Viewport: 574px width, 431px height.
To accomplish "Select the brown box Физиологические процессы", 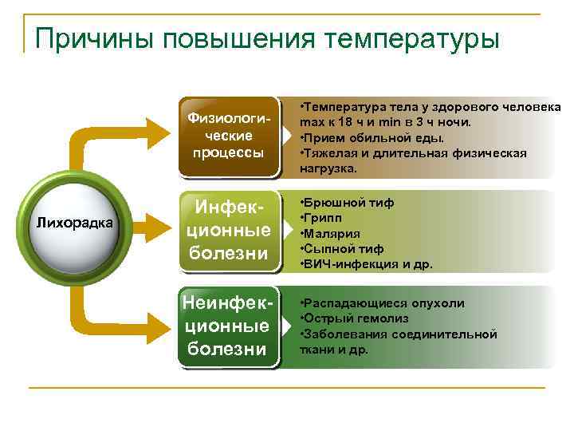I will click(x=230, y=136).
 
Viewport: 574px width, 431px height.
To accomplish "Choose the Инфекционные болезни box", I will click(x=230, y=231).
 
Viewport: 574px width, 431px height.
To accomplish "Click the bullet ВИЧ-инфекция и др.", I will click(x=366, y=263).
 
